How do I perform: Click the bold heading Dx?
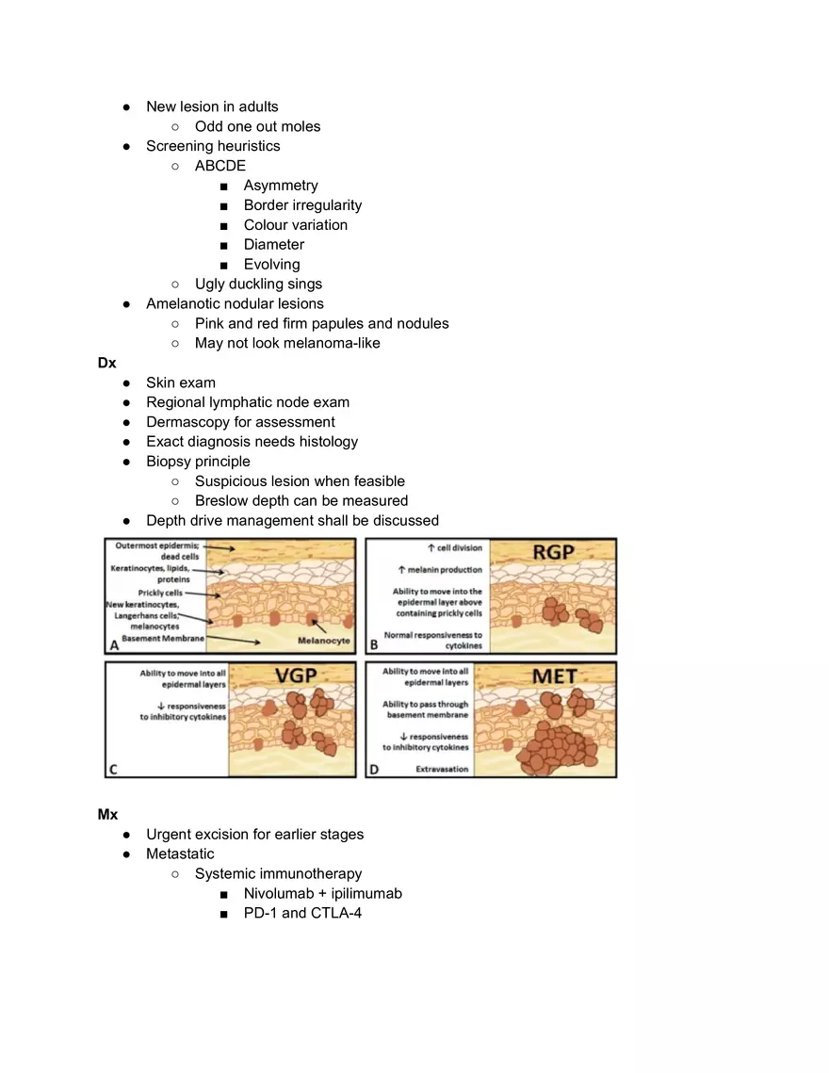[x=106, y=363]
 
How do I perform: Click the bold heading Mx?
[x=107, y=814]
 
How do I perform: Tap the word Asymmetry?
[x=281, y=186]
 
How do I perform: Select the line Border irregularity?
[x=302, y=205]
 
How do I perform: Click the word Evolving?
[x=271, y=265]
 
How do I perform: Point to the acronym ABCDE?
[x=219, y=166]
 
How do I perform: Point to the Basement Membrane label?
[x=158, y=639]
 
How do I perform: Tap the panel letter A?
[x=114, y=646]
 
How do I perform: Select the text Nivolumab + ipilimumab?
[x=322, y=893]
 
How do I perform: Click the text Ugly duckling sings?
[x=258, y=285]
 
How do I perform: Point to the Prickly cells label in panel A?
[x=159, y=593]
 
